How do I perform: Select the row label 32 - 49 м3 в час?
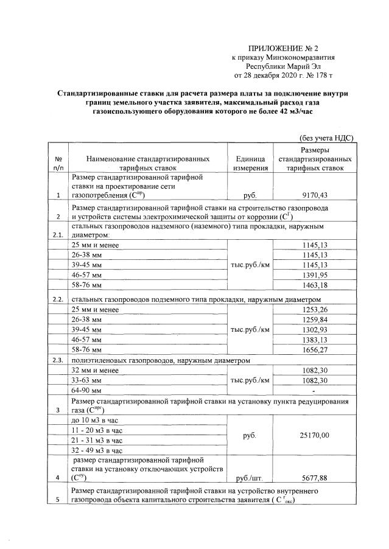pyautogui.click(x=97, y=450)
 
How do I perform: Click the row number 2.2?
pyautogui.click(x=58, y=299)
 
